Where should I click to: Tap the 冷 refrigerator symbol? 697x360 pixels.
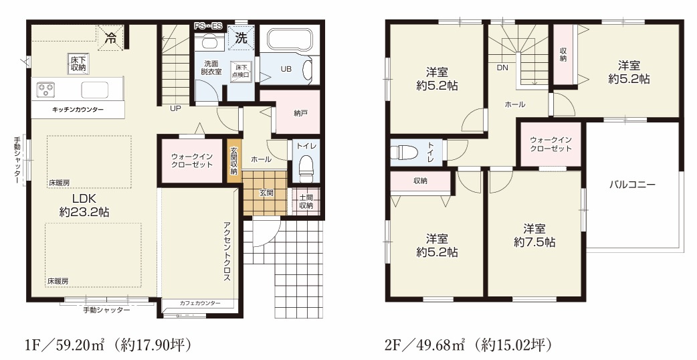tap(112, 38)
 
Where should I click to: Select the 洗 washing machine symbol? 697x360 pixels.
tap(240, 38)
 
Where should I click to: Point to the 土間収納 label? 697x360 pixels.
tap(306, 201)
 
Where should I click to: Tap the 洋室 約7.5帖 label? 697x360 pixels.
tap(534, 235)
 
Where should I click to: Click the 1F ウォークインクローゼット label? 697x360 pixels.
tap(191, 161)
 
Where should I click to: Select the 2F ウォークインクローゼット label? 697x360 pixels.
tap(551, 144)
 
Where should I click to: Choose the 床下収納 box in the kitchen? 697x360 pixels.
tap(78, 64)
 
